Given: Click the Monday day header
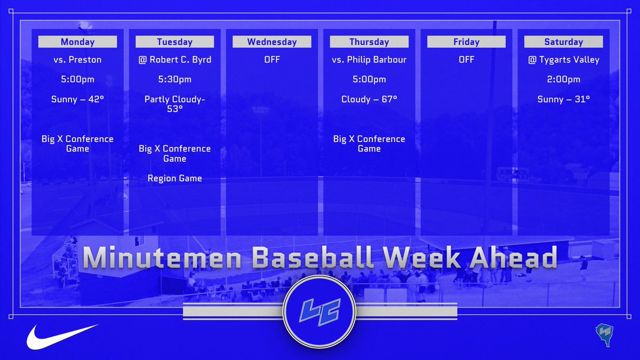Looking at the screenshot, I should point(77,42).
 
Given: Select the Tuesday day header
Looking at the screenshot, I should point(174,42).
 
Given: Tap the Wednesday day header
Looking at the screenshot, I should point(271,42).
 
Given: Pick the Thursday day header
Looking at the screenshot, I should point(369,42).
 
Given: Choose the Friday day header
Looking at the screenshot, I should point(466,42).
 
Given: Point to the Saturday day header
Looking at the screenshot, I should point(563,42).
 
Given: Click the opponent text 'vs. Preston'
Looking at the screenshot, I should point(77,59).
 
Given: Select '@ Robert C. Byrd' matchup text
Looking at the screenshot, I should point(174,59).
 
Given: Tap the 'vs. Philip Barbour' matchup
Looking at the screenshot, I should point(369,59).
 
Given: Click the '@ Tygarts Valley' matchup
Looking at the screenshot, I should point(563,59).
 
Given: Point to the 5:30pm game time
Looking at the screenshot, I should point(174,79).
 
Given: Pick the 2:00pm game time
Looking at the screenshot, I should point(563,79).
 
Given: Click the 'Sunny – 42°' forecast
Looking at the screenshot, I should point(77,99).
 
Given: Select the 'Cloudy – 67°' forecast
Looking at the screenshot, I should point(369,99).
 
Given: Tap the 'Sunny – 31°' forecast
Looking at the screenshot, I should point(563,99).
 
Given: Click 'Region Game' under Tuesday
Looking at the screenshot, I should point(174,178).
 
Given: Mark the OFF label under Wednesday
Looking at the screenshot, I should point(271,59).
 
